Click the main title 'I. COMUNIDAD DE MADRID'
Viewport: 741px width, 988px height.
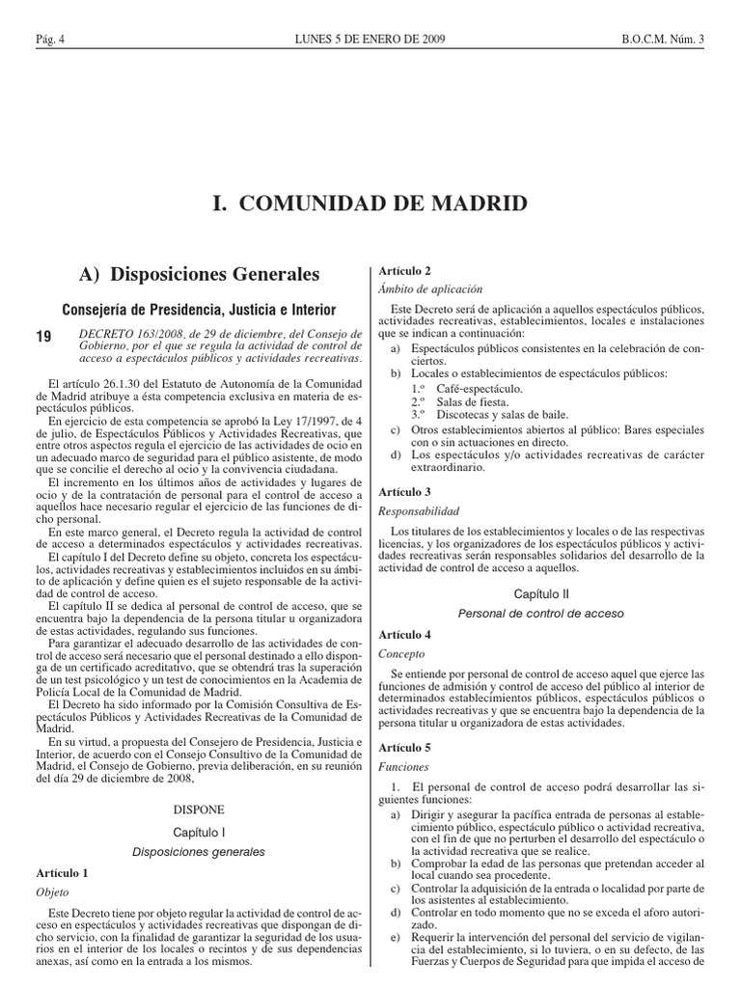coord(370,204)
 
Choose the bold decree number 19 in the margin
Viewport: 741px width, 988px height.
coord(43,336)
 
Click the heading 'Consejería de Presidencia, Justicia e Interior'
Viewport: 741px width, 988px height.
coord(199,310)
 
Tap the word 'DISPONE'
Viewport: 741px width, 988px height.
coord(199,810)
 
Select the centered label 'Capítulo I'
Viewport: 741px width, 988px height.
coord(199,831)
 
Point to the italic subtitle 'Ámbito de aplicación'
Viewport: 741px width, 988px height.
coord(431,288)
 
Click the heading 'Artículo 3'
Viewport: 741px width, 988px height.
coord(405,491)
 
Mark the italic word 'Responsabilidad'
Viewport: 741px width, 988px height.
coord(420,510)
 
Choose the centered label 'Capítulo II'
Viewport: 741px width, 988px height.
coord(540,594)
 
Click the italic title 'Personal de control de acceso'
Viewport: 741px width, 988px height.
coord(540,614)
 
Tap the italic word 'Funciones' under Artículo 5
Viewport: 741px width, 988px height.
coord(404,767)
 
